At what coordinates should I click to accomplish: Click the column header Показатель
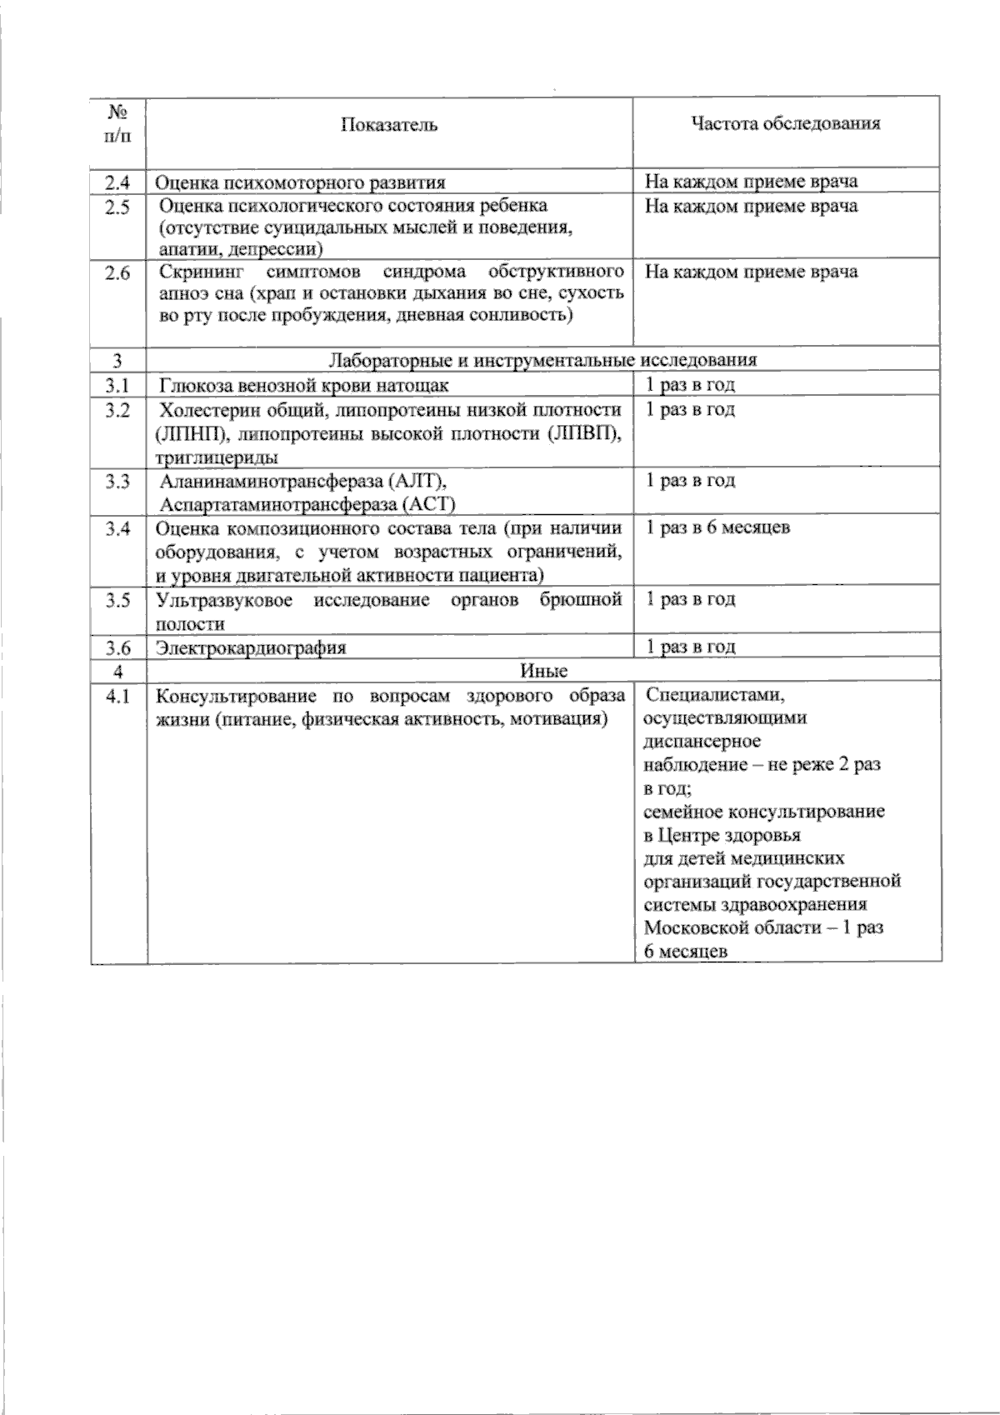coord(389,125)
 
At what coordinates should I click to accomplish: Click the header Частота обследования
coord(786,124)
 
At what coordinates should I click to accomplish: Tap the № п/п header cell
coord(117,123)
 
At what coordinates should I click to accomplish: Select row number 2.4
coord(117,182)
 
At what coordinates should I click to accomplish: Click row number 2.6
coord(117,273)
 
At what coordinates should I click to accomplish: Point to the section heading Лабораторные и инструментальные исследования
coord(543,360)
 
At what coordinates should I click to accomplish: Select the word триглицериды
coord(217,457)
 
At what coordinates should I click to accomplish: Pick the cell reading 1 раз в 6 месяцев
coord(718,527)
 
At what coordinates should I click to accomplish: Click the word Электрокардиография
coord(252,647)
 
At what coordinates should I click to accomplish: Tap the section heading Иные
coord(543,671)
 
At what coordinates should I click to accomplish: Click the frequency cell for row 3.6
coord(691,647)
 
